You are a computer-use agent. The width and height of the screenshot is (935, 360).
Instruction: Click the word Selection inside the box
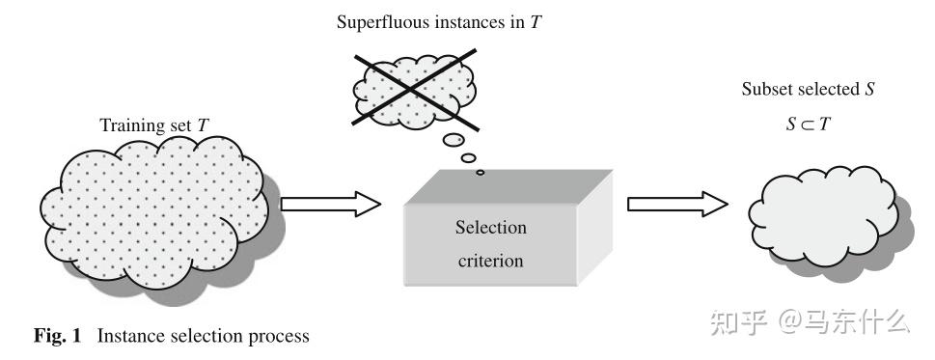[491, 228]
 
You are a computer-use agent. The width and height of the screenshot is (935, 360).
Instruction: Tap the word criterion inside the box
[491, 261]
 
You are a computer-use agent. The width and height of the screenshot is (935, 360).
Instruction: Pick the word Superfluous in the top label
[377, 22]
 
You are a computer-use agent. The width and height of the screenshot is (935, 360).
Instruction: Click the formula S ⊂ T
[808, 124]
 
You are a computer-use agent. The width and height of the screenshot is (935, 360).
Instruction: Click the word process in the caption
[281, 337]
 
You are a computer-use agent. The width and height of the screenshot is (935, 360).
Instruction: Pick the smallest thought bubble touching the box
[480, 173]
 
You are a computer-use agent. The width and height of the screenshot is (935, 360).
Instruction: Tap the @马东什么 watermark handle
[844, 323]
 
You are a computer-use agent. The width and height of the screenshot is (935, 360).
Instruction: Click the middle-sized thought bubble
[469, 158]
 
